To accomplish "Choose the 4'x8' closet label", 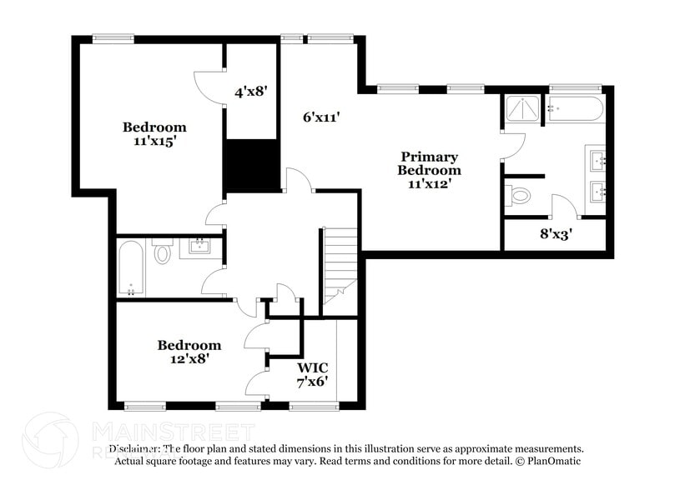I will [250, 92].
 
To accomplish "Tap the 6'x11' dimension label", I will [321, 117].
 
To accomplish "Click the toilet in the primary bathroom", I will [519, 197].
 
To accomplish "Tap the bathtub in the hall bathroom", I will [132, 267].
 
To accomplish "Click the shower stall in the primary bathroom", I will [522, 109].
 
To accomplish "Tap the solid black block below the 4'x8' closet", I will [251, 166].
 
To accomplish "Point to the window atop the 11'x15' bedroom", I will [113, 37].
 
